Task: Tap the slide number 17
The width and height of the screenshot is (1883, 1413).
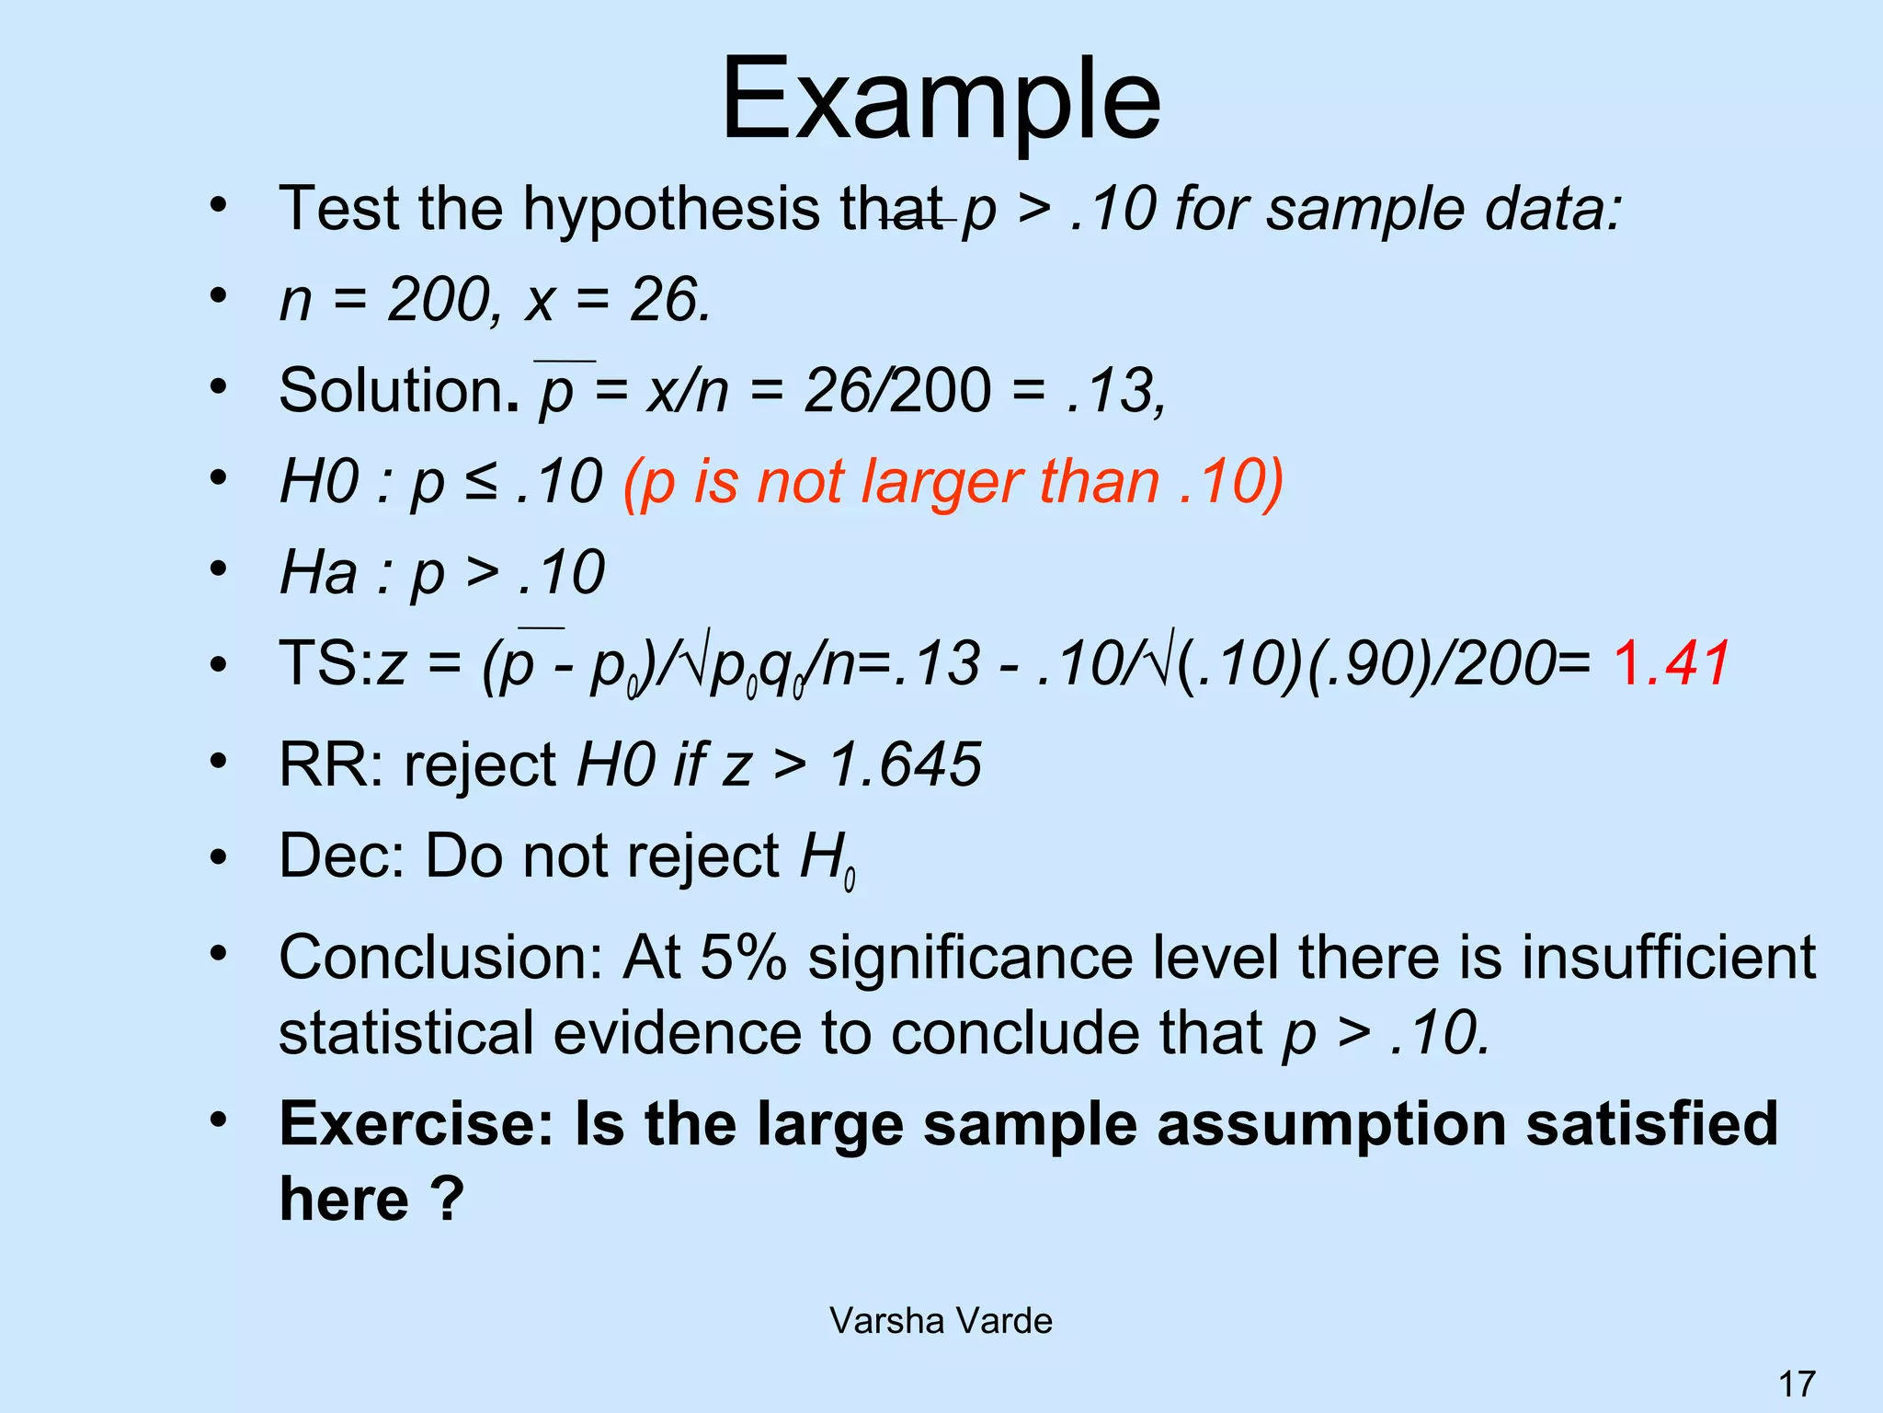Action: click(x=1797, y=1384)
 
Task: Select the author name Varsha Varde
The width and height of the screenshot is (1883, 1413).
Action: click(x=941, y=1321)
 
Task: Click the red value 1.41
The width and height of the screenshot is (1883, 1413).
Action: click(x=1671, y=663)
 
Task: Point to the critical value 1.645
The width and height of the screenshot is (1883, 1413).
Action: click(x=906, y=764)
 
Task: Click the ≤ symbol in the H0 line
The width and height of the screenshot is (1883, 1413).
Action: click(x=482, y=481)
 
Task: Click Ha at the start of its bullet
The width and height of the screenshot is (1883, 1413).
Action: click(x=318, y=572)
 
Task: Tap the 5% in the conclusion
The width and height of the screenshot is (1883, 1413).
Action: click(x=743, y=958)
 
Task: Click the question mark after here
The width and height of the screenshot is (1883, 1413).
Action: click(x=447, y=1200)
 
